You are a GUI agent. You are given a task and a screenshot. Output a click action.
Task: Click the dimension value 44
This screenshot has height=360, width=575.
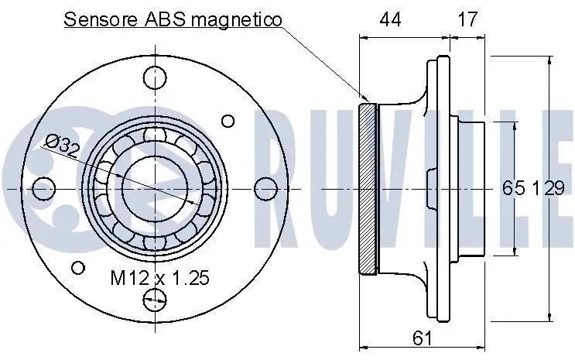[391, 19]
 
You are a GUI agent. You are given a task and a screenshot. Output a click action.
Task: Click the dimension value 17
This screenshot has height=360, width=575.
[467, 19]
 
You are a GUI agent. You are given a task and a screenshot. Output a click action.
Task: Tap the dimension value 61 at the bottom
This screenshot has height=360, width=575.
[422, 338]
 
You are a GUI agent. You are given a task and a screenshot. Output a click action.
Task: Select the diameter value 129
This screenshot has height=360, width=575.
[548, 188]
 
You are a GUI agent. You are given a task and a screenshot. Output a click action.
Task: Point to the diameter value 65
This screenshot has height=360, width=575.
[513, 188]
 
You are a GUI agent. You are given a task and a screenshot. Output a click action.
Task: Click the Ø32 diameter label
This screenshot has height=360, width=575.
[62, 145]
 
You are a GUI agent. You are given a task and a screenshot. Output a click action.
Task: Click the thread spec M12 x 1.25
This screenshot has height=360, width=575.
[160, 278]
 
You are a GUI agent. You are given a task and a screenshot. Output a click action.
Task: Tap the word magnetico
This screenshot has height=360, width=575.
[237, 20]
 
